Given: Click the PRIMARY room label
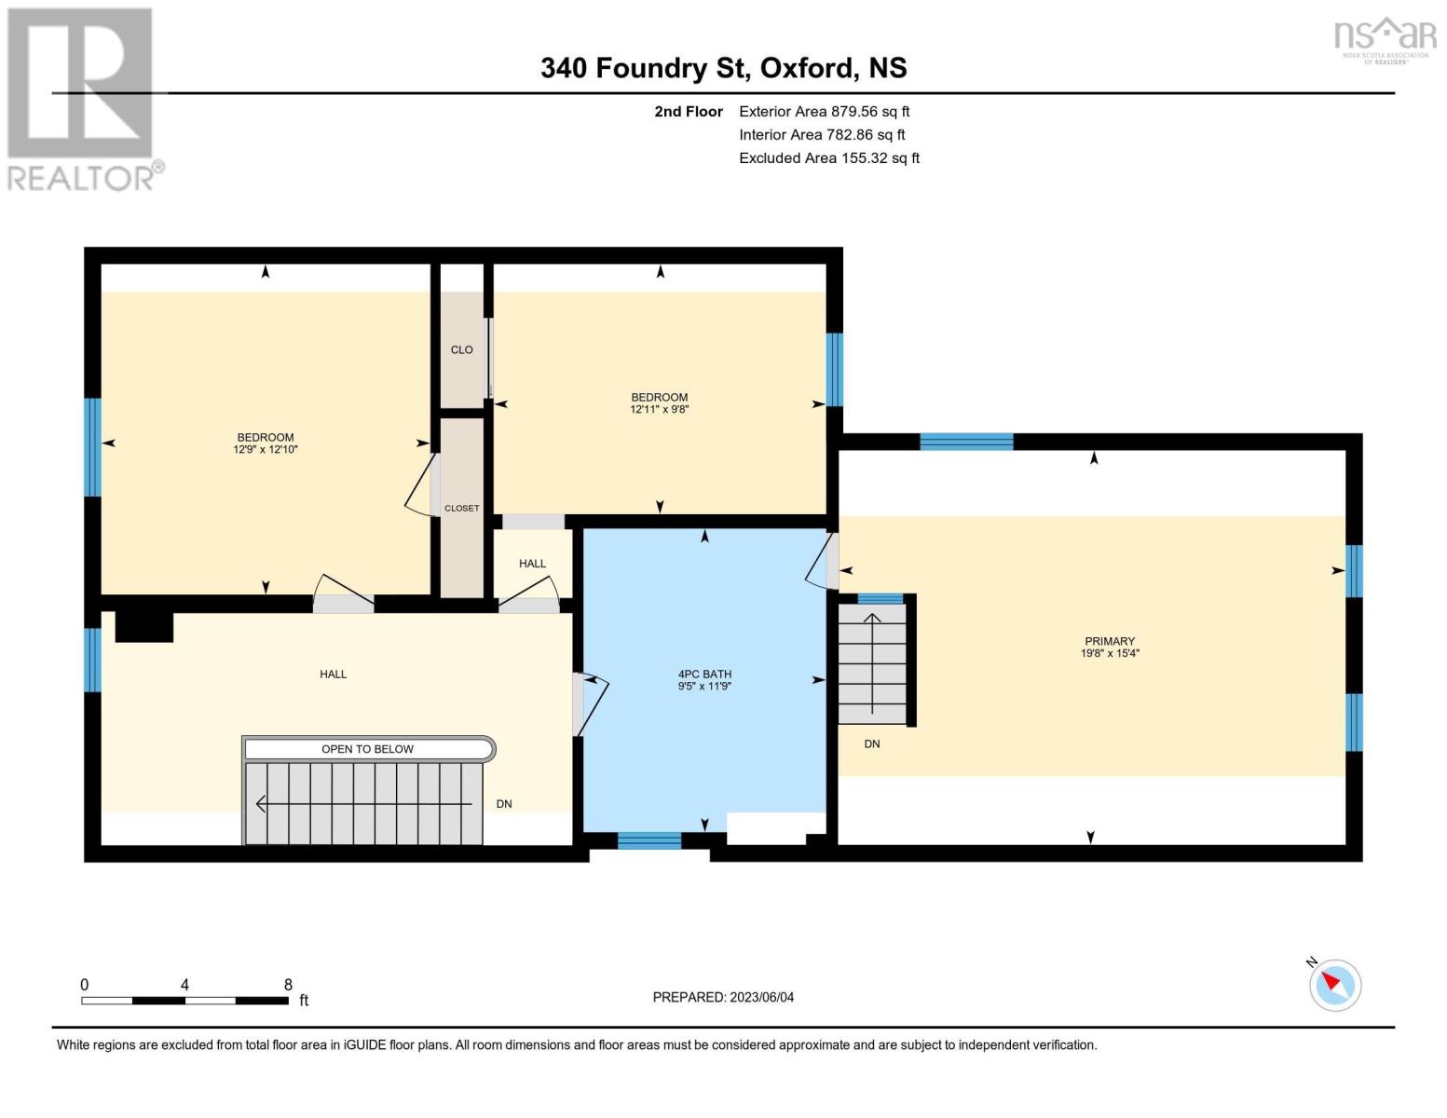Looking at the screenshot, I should (1109, 641).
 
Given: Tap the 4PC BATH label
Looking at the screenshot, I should (704, 674).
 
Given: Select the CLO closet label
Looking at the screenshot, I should (461, 349).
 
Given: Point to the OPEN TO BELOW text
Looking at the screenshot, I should (367, 749).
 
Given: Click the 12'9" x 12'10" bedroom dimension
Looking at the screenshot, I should (266, 449).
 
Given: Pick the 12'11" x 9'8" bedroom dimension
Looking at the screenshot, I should (660, 409).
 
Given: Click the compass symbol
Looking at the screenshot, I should (1334, 984).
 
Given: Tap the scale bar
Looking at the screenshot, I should (184, 1001).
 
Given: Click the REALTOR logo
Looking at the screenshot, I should (82, 99).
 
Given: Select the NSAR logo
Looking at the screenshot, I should (1385, 38).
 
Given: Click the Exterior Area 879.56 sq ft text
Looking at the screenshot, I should (824, 111).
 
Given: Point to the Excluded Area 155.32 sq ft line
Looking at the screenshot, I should (828, 158).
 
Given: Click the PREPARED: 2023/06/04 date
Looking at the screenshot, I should (723, 997).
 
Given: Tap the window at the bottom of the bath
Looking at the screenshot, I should (649, 840).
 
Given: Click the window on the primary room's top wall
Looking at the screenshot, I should (966, 442).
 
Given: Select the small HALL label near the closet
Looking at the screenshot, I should (532, 564).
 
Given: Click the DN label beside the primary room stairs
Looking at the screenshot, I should (872, 743).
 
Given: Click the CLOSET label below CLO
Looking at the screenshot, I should (461, 509).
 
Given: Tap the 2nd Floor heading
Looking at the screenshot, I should (688, 111).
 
